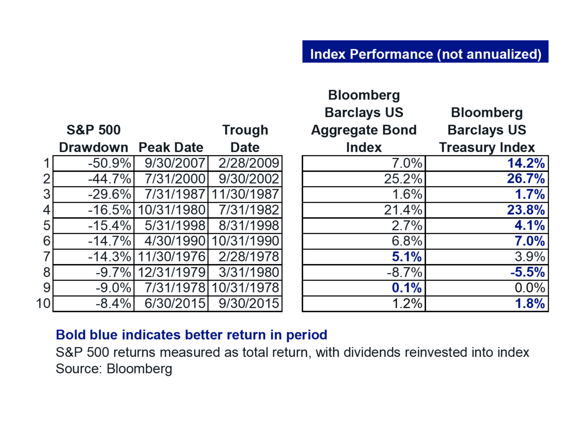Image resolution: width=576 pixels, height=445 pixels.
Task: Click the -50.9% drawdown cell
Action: [110, 163]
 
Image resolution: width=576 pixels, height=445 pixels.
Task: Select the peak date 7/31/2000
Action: [175, 179]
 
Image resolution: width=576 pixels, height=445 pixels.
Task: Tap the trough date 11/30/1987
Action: [245, 194]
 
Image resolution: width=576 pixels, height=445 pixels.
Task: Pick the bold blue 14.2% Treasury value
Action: [526, 163]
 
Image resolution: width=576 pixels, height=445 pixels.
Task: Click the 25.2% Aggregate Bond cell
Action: [403, 179]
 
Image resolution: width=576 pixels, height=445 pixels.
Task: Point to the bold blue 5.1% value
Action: [407, 257]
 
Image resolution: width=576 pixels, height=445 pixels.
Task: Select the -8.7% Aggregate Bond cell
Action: [404, 272]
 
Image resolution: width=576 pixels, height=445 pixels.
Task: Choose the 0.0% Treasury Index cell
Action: [530, 288]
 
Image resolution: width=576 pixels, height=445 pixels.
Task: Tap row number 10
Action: [44, 303]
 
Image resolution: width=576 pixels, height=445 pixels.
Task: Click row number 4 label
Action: [46, 210]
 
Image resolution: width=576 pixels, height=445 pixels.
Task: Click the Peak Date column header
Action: [171, 147]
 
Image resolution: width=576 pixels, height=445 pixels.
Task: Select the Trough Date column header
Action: [245, 139]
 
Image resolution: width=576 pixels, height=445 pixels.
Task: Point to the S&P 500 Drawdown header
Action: [94, 139]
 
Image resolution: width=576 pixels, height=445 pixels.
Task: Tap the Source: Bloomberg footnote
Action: [114, 369]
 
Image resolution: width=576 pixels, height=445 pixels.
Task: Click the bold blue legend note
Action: [191, 335]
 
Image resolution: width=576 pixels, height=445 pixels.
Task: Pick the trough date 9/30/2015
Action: [249, 303]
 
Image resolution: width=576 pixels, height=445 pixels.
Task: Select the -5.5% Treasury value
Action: [527, 272]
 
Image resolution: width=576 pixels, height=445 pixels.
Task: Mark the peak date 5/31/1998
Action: [175, 225]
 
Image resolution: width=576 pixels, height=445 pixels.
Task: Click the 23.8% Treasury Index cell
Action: [526, 210]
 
